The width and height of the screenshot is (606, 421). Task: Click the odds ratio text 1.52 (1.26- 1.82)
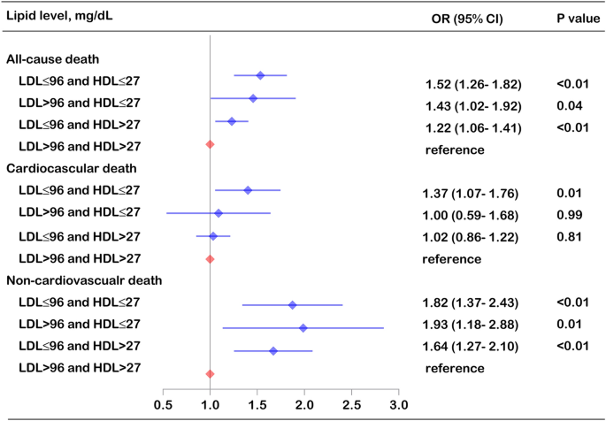(473, 85)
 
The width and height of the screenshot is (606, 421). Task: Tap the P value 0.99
(567, 215)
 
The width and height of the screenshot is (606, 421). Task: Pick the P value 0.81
(567, 236)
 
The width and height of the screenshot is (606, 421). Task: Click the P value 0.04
(567, 105)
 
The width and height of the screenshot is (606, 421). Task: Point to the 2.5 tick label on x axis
(351, 406)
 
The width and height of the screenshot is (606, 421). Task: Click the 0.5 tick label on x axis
(164, 406)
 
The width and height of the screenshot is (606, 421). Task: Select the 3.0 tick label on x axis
(398, 406)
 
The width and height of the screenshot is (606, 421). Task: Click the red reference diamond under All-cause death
(210, 144)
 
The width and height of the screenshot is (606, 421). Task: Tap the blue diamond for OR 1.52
(260, 76)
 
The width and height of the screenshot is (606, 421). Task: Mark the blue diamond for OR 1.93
(303, 328)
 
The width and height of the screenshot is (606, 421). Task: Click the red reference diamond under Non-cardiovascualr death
(210, 374)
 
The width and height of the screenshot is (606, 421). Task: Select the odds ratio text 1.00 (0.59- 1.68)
(473, 215)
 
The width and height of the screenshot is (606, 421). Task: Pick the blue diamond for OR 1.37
(248, 190)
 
